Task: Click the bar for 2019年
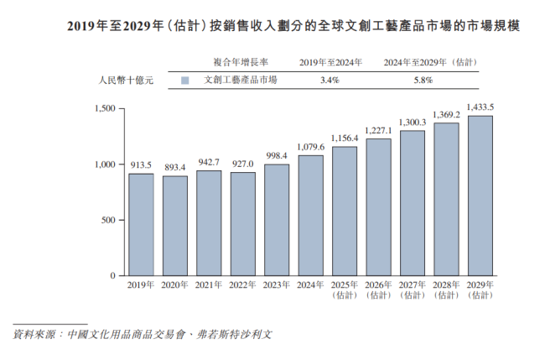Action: [x=141, y=225]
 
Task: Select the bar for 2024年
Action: [x=310, y=216]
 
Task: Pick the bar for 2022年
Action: [x=242, y=224]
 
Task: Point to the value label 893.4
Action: [x=174, y=168]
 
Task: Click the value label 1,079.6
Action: [x=310, y=147]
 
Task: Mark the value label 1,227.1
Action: [x=378, y=130]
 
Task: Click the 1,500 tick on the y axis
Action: [x=104, y=108]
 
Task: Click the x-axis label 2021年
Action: [x=209, y=286]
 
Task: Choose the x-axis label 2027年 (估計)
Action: [x=412, y=290]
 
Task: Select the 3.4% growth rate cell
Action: [x=329, y=81]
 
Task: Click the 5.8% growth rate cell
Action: [x=423, y=81]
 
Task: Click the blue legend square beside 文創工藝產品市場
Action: [x=184, y=81]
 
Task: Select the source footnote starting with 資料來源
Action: [x=143, y=334]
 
